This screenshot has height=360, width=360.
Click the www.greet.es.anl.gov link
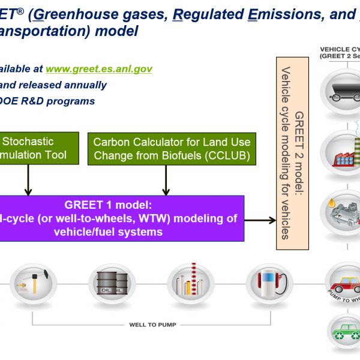click(x=98, y=69)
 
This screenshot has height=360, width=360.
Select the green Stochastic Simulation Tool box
click(x=39, y=149)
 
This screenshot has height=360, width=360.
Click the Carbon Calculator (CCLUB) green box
click(x=172, y=149)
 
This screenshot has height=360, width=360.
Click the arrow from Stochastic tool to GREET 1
click(x=27, y=180)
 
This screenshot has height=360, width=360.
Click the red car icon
click(x=343, y=282)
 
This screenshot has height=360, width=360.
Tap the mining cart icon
click(x=339, y=90)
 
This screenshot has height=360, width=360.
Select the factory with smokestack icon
click(x=339, y=150)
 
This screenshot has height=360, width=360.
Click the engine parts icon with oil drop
click(x=339, y=210)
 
